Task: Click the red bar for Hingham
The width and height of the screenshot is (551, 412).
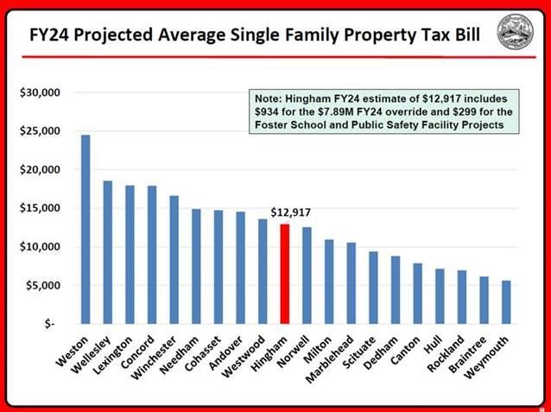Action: click(284, 274)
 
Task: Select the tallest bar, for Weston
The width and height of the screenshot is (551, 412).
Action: click(85, 229)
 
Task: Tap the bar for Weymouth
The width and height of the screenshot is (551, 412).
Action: click(505, 301)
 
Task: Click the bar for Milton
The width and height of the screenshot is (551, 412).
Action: click(328, 282)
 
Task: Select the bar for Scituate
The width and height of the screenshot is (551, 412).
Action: click(372, 288)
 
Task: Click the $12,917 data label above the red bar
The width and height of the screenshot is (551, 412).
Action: click(290, 212)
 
